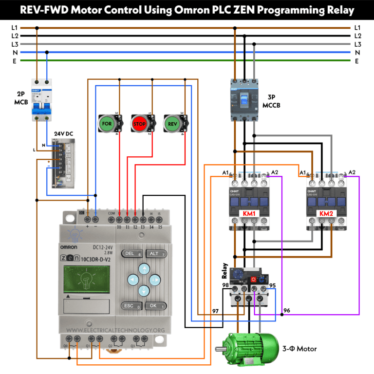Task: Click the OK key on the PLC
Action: point(155,306)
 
